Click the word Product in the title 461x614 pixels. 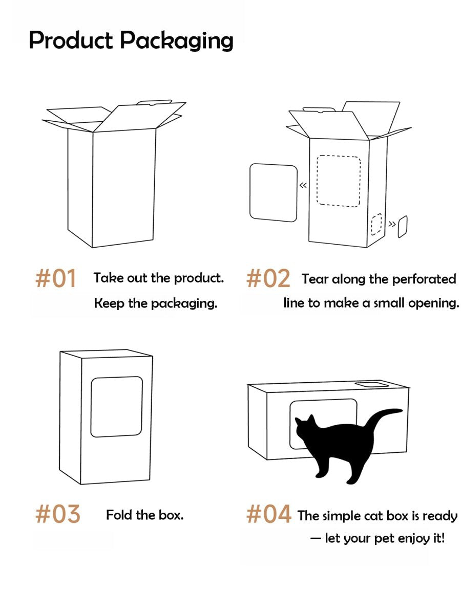coord(71,40)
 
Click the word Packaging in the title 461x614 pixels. coord(177,41)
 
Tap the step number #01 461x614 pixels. coord(56,278)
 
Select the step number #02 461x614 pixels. coord(268,278)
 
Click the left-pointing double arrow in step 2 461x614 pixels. coord(303,185)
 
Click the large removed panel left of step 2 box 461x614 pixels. coord(273,193)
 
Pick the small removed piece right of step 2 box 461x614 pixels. coord(403,227)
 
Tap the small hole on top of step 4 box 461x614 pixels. coord(372,385)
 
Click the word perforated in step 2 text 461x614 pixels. coord(424,279)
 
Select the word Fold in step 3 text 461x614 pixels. coord(119,515)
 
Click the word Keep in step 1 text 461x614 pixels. coord(109,303)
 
